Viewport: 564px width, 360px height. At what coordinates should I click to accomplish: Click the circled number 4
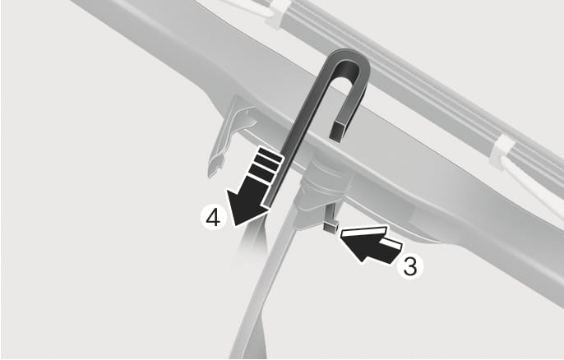coord(213,217)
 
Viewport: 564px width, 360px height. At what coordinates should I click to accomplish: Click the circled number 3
coord(410,266)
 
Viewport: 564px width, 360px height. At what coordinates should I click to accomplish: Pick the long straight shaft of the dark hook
coord(298,136)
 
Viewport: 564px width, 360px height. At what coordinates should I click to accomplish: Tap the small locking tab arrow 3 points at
coord(331,227)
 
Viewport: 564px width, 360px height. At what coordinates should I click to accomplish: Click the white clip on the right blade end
coord(501,152)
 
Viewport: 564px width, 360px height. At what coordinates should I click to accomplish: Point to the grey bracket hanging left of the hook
coord(230,135)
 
